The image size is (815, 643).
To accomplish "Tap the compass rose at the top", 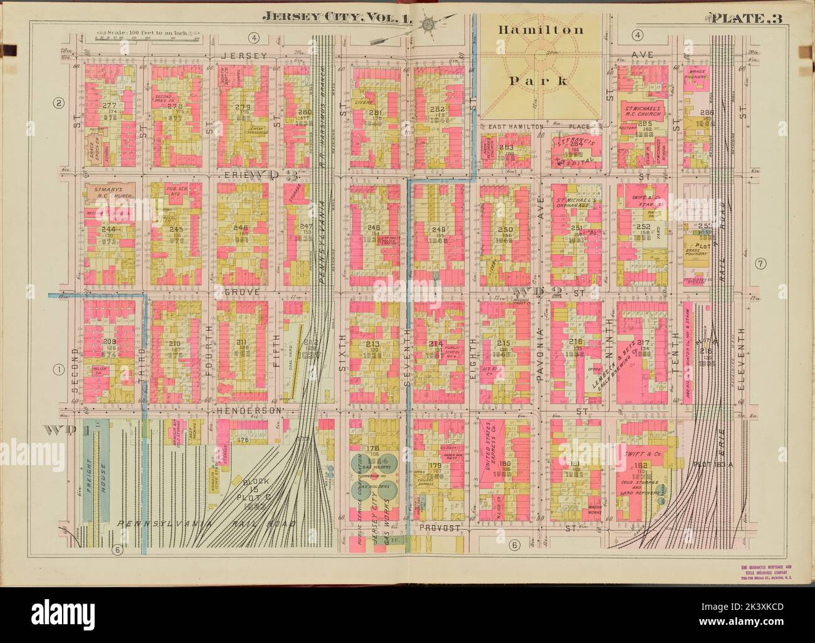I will (429, 25).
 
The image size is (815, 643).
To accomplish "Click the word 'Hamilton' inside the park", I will (541, 29).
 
